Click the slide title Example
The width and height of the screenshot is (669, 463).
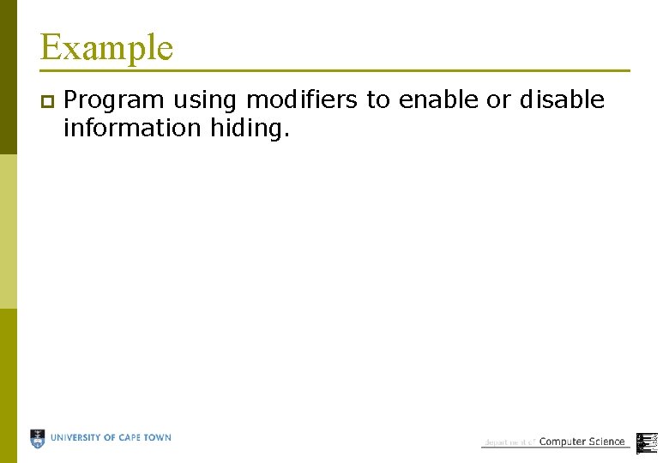[106, 47]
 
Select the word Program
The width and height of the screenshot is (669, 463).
[114, 101]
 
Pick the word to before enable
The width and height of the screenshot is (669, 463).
[378, 100]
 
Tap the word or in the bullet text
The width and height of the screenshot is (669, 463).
[498, 100]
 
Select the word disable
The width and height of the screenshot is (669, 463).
[562, 100]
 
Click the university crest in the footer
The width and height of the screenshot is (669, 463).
[38, 439]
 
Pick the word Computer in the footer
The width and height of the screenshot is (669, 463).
[562, 442]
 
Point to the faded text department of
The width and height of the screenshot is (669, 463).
[509, 442]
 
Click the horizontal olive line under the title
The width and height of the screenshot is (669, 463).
[334, 70]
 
